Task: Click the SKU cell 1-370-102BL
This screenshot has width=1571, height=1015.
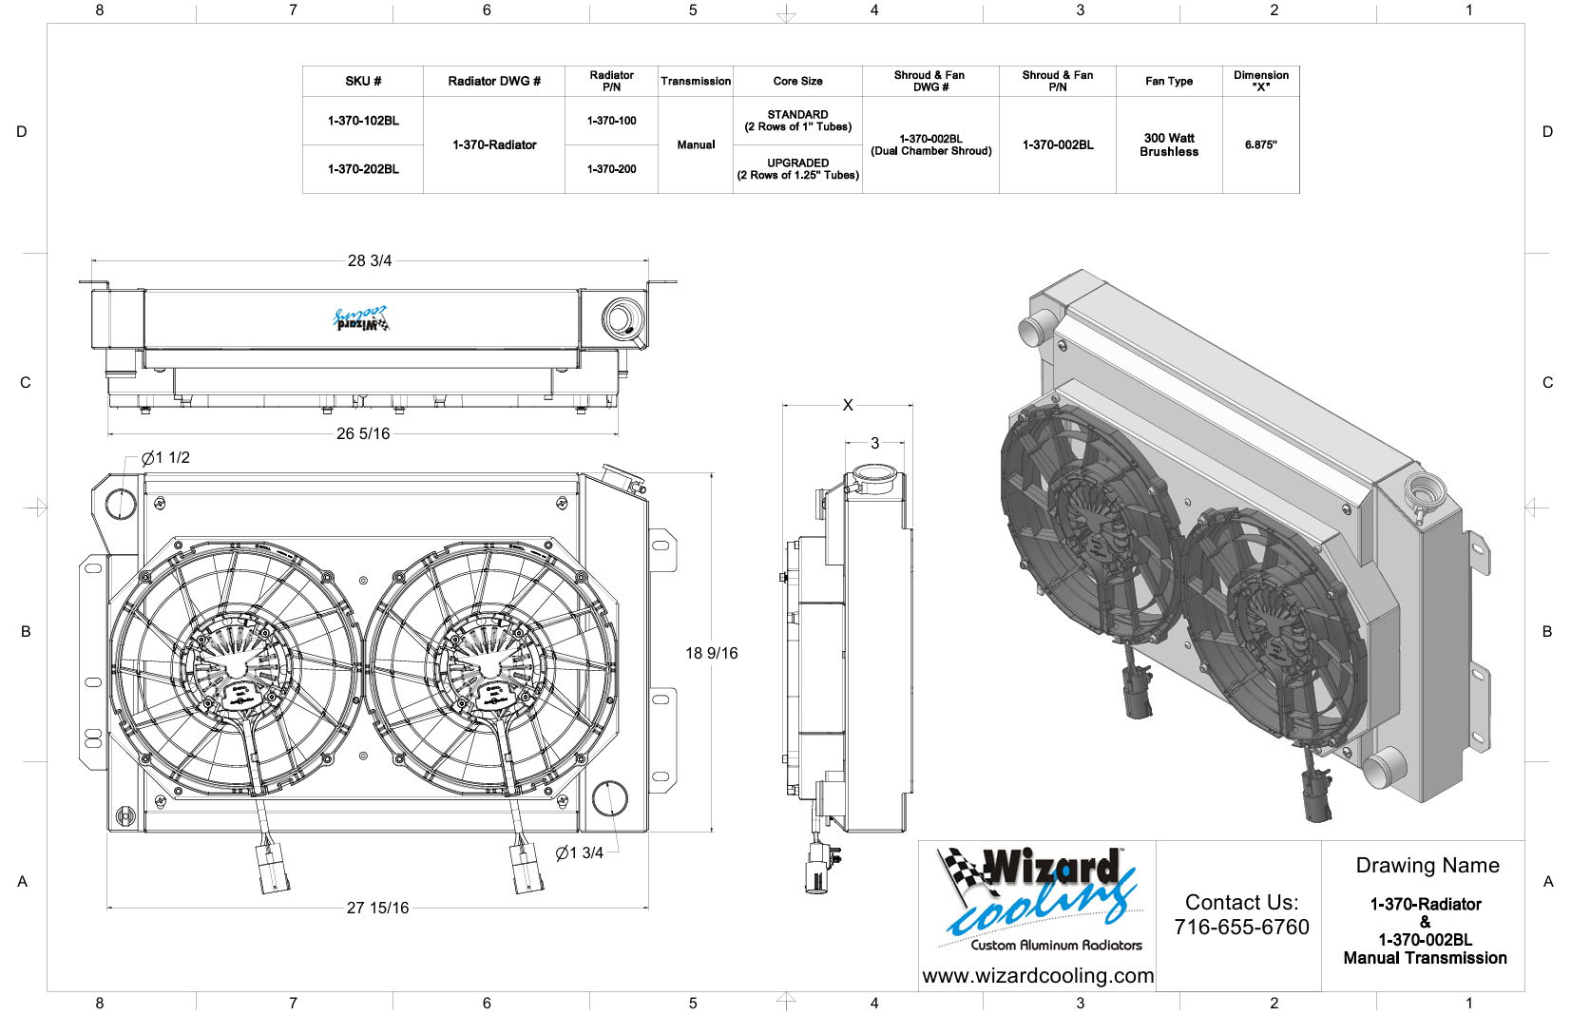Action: [363, 121]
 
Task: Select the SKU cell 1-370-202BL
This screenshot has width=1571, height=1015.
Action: [363, 169]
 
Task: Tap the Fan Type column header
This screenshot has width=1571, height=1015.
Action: [1168, 82]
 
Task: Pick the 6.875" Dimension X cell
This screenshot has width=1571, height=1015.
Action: [1260, 145]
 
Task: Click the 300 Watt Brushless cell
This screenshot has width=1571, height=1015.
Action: [1168, 144]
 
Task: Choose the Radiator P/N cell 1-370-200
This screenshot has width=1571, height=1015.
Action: [611, 169]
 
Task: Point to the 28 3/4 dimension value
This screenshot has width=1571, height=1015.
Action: [370, 261]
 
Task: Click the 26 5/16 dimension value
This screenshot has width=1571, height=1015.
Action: [363, 433]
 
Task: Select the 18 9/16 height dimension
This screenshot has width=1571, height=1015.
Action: [711, 653]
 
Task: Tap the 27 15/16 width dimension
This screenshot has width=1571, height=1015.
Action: [377, 908]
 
